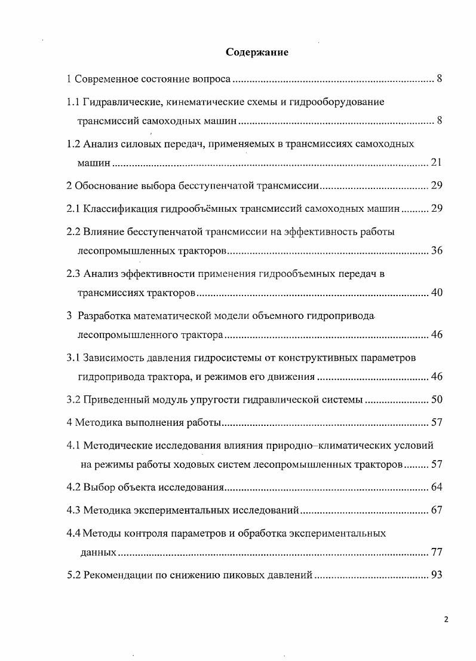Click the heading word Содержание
257,53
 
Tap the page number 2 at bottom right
446,619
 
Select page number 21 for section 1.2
436,163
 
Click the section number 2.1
73,209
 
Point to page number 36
436,251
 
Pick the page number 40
436,293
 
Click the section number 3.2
73,400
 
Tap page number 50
436,400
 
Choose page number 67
436,510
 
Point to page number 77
436,552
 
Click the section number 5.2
73,575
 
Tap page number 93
436,575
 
